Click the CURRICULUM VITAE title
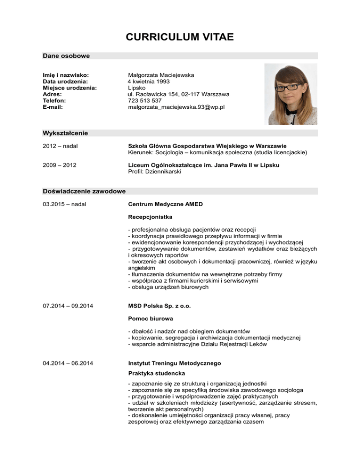tap(180, 37)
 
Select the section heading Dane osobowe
tap(66, 56)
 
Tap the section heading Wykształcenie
tap(65, 133)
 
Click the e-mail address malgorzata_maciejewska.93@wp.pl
tap(176, 107)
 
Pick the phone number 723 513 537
tap(145, 100)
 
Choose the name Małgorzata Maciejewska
tap(161, 75)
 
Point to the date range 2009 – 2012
tap(60, 165)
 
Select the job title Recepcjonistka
tap(150, 217)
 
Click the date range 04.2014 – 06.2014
tap(67, 363)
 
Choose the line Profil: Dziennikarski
tap(154, 172)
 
